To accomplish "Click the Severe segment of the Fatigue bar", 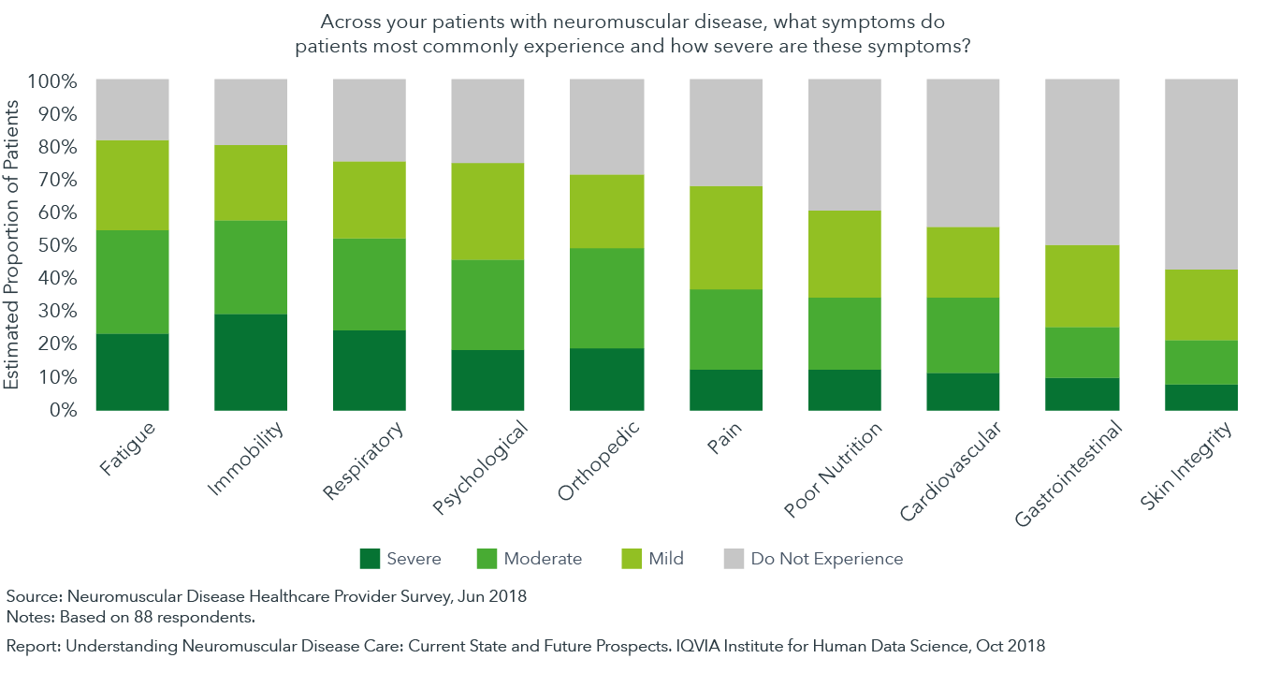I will [132, 372].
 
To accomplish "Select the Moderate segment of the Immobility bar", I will [251, 268].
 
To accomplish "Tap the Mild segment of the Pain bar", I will [726, 238].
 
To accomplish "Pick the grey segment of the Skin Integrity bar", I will [1200, 174].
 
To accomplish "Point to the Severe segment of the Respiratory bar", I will [370, 370].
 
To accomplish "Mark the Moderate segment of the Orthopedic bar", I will [607, 298].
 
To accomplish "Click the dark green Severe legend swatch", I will [371, 559].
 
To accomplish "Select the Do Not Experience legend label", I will [826, 559].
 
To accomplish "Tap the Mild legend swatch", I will [633, 559].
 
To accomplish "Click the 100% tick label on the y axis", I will [52, 81].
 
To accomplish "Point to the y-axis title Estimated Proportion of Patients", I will [12, 245].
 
